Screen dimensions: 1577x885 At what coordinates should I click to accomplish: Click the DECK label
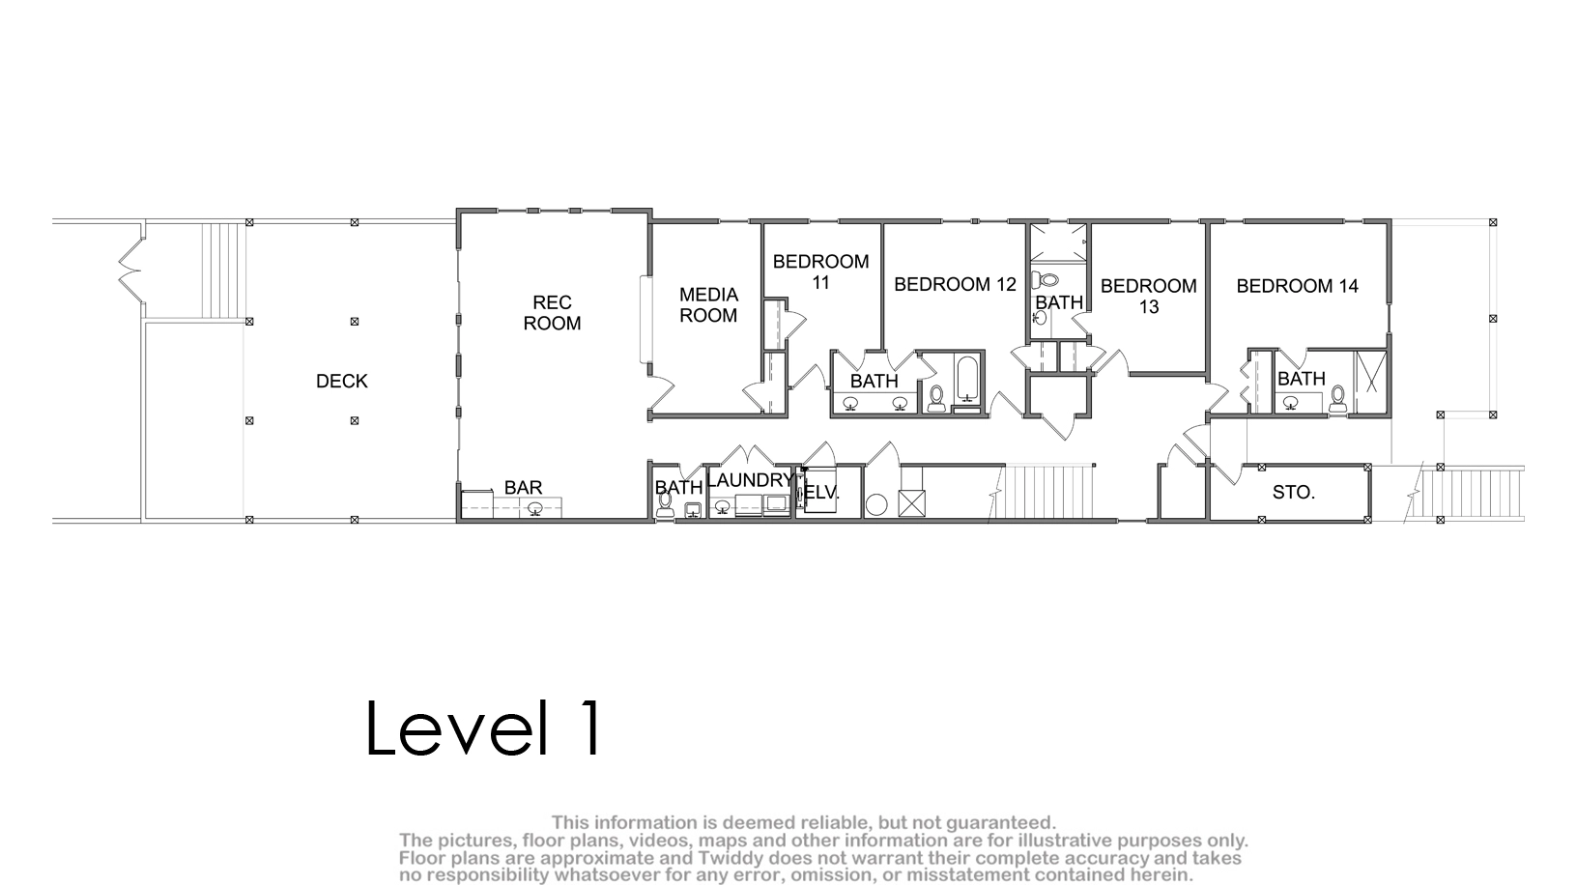[341, 381]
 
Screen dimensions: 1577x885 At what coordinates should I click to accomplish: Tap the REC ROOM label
[552, 313]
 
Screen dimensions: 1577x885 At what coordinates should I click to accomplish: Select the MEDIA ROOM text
[708, 305]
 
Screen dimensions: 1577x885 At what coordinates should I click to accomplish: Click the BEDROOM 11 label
[821, 271]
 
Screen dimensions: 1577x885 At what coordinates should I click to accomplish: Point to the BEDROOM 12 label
[956, 284]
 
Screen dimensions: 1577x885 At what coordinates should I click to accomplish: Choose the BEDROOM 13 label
[1148, 297]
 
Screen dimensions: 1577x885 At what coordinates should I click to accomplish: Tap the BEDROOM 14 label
[1298, 286]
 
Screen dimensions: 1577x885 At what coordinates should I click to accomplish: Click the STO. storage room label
[1294, 492]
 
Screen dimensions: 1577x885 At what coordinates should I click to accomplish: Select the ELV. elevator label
[821, 492]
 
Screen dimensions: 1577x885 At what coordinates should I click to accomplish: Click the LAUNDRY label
[750, 480]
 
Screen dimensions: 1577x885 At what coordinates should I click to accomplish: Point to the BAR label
[523, 487]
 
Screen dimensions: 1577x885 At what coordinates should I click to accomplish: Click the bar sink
[535, 507]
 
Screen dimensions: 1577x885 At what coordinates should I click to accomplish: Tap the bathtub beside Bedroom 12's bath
[967, 380]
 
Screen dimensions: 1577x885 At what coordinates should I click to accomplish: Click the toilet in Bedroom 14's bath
[1338, 398]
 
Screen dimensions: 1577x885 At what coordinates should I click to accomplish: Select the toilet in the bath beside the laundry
[664, 504]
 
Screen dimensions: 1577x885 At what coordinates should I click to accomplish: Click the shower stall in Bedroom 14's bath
[1371, 381]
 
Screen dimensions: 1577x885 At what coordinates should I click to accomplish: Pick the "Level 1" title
[484, 728]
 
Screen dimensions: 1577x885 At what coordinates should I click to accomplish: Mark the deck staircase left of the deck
[223, 271]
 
